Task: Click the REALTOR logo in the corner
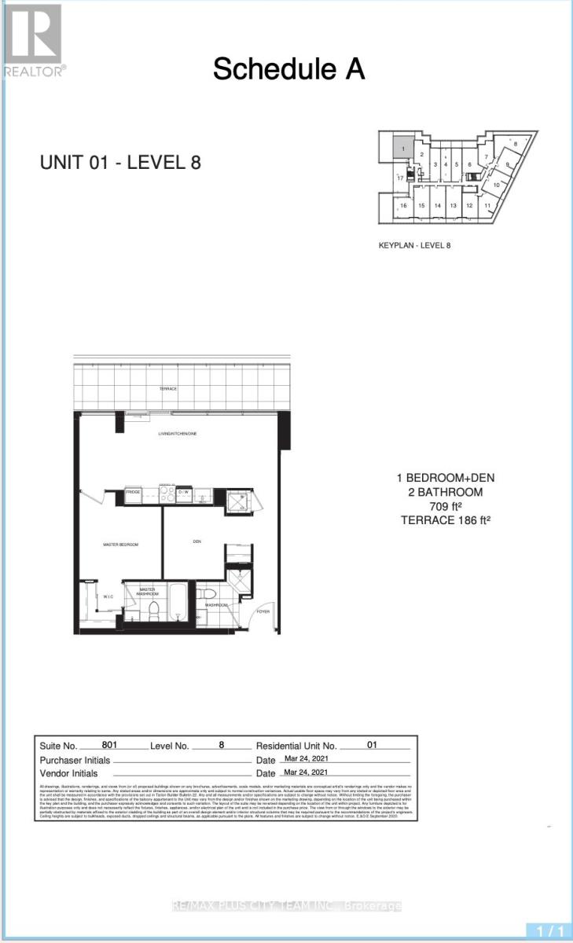33,39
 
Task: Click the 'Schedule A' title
288,69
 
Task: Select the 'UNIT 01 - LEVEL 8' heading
120,163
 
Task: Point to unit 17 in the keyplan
400,178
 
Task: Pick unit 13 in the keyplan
453,205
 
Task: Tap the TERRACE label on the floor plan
166,390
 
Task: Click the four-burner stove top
167,495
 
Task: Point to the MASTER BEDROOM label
120,544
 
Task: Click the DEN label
198,541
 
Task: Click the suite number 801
112,744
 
